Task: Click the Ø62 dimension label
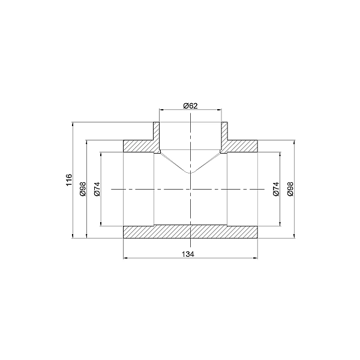(x=190, y=106)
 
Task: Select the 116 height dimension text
(x=69, y=179)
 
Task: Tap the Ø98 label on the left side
(x=83, y=189)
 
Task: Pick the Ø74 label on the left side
(x=97, y=189)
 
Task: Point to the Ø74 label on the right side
(x=276, y=189)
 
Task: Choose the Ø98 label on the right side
(x=290, y=189)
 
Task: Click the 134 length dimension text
(x=190, y=254)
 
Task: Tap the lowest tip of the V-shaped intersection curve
(x=191, y=173)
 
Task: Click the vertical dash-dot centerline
(x=191, y=204)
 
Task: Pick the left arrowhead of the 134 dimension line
(x=125, y=259)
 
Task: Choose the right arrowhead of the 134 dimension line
(x=256, y=259)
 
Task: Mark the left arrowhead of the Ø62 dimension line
(x=161, y=110)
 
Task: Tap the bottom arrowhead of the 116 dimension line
(x=73, y=236)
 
